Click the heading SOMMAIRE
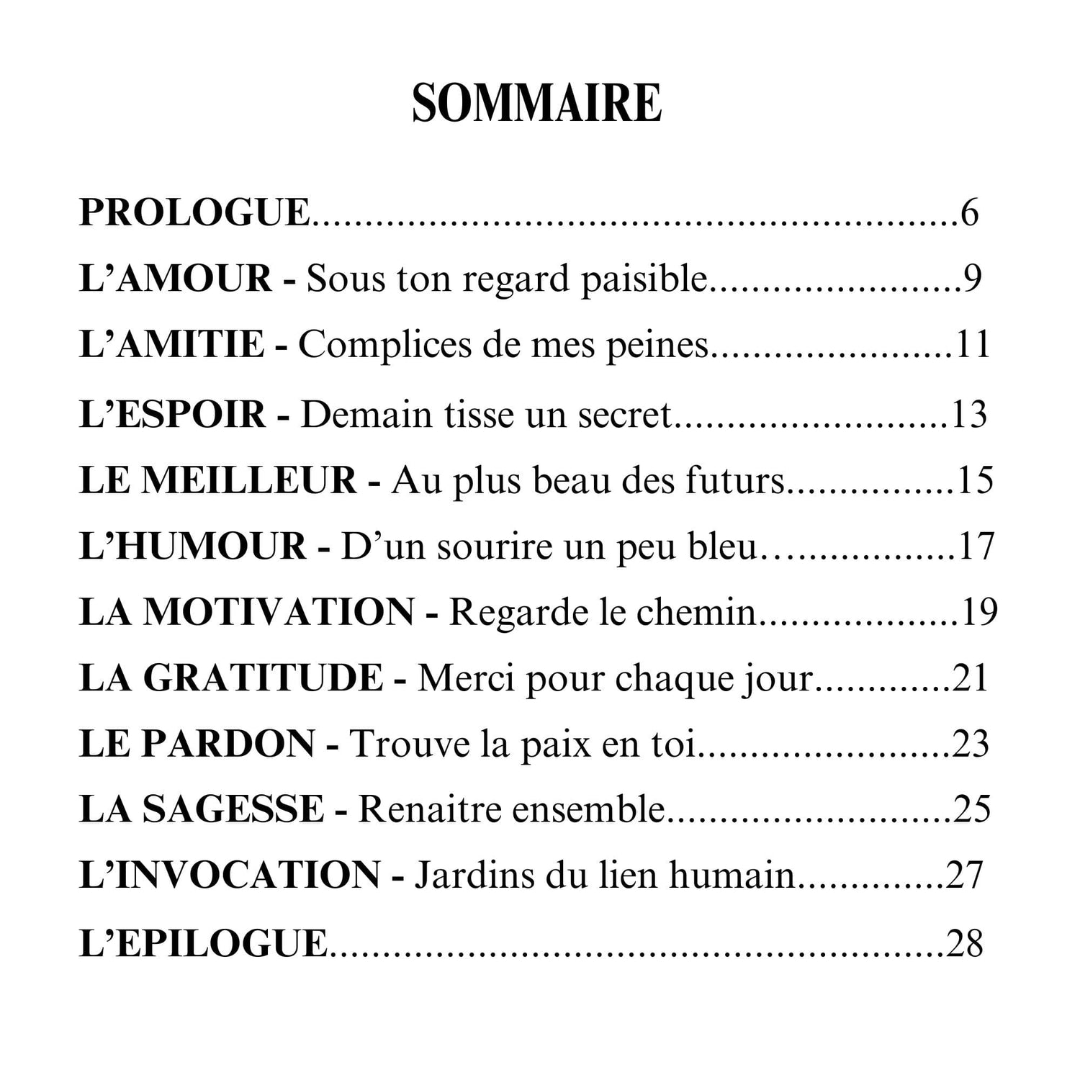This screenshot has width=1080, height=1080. pos(536,104)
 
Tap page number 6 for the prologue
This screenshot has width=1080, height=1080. pos(969,212)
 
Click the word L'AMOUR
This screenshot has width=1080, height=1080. pos(175,279)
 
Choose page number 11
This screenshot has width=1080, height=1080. pos(973,344)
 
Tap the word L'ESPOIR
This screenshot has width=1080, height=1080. pos(172,414)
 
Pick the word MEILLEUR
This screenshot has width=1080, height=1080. pos(248,480)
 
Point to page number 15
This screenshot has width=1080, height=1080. pos(975,480)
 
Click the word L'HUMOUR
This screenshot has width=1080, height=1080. pos(192,546)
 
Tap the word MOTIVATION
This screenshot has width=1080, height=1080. pos(279,612)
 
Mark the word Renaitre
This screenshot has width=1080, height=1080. pos(419,809)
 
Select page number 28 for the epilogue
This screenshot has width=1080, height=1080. pos(965,942)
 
